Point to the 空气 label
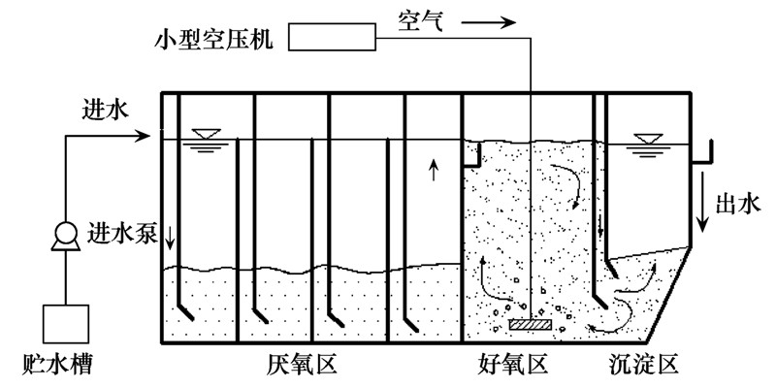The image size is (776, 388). point(422,18)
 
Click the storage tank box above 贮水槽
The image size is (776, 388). point(65,326)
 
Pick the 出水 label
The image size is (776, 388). point(738,203)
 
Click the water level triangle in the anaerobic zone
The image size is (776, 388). point(206,136)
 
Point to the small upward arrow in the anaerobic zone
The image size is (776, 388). point(433,172)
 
